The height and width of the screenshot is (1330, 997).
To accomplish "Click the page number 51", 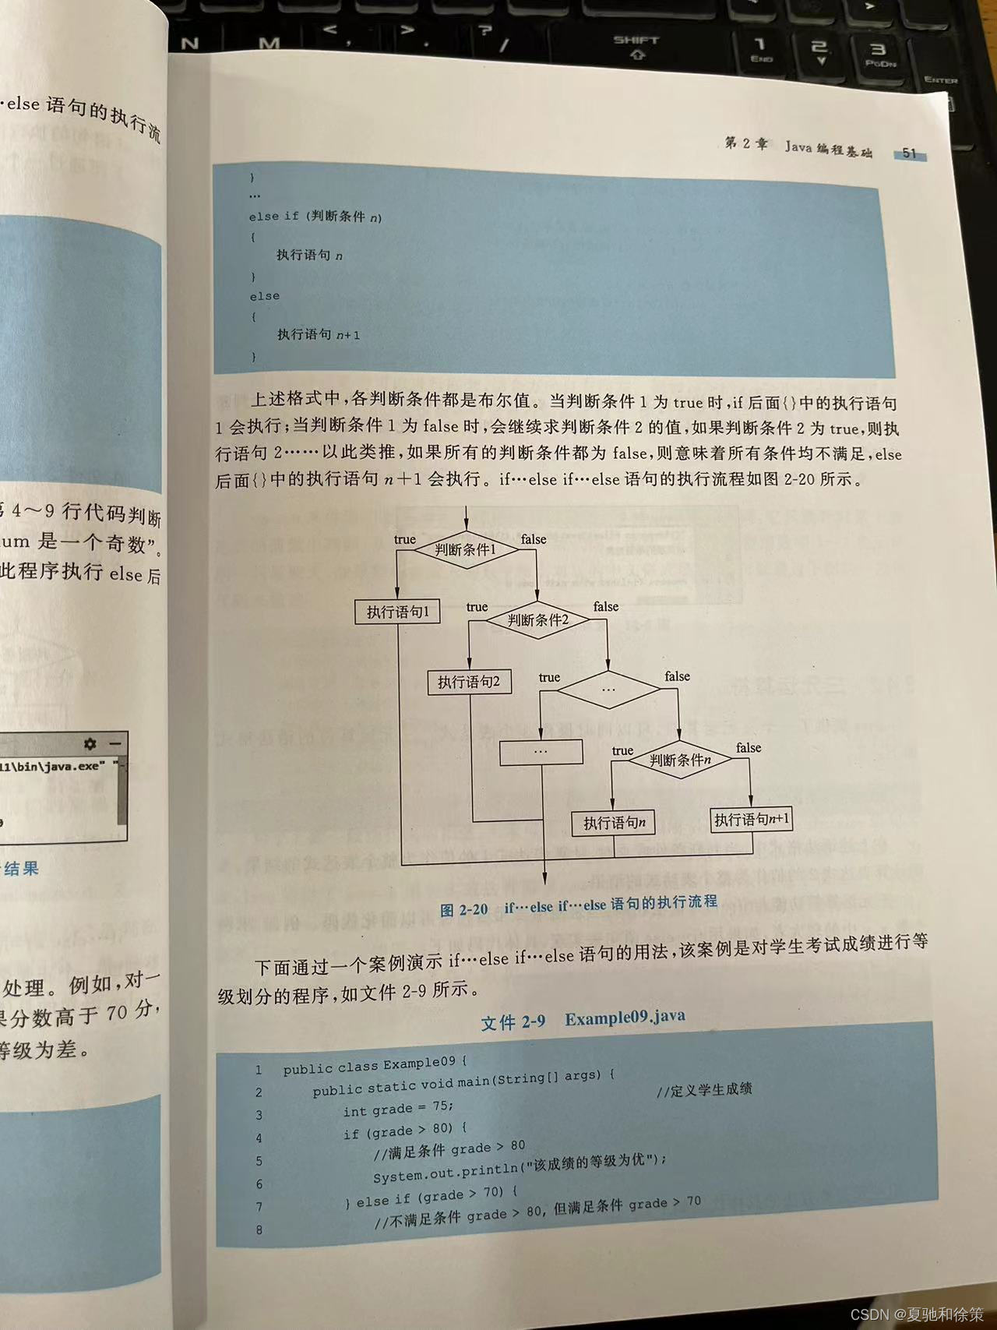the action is coord(909,153).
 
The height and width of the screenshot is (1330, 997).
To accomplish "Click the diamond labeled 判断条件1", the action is coord(465,549).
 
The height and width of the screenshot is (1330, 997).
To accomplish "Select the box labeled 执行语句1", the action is coord(397,612).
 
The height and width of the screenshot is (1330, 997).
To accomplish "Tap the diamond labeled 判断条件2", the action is coord(537,620).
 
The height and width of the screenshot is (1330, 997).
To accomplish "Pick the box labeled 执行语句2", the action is coord(469,682).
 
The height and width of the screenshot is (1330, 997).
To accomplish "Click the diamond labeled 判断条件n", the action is coord(680,760).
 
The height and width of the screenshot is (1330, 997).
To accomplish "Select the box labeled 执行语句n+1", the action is coord(752,819).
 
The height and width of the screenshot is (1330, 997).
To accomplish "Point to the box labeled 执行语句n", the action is coord(614,823).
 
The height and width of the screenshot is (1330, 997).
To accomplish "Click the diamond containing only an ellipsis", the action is coord(608,689).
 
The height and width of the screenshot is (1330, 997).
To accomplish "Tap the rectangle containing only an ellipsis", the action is coord(541,751).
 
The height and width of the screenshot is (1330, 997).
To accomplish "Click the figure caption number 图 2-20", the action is coord(463,909).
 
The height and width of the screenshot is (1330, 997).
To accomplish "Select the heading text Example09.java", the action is coord(625,1018).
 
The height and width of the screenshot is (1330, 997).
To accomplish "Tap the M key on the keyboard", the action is coord(269,44).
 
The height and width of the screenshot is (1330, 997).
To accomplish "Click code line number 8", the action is coord(259,1230).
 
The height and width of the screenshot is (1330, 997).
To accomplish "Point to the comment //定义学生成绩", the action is coord(703,1089).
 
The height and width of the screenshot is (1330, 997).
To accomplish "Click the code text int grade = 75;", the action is coord(398,1109).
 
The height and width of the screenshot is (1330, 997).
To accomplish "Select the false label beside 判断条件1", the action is coord(534,539).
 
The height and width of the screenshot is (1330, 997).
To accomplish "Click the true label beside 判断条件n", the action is coord(622,750).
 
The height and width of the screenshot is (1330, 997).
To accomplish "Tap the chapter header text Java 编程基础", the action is coord(828,148).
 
